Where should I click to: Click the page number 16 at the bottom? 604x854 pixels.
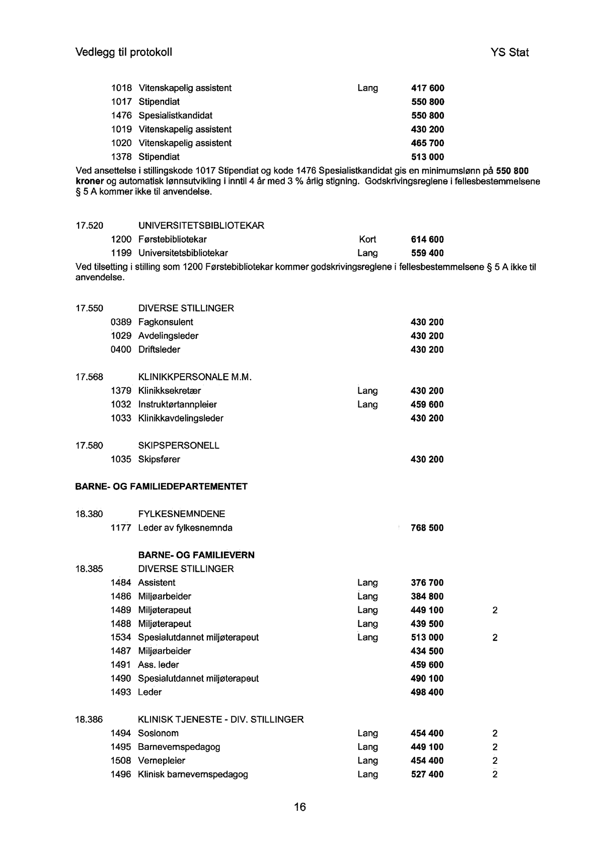pyautogui.click(x=299, y=807)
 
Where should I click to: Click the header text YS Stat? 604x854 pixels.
pyautogui.click(x=509, y=52)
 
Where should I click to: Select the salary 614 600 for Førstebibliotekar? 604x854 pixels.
pyautogui.click(x=427, y=240)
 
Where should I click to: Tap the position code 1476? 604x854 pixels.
pyautogui.click(x=121, y=116)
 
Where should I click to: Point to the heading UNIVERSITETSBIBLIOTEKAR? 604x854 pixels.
pyautogui.click(x=201, y=226)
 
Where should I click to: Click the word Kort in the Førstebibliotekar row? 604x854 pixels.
pyautogui.click(x=367, y=240)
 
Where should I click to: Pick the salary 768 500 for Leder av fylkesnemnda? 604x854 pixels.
pyautogui.click(x=427, y=528)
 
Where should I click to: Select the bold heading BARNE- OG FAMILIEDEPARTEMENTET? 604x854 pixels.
pyautogui.click(x=161, y=486)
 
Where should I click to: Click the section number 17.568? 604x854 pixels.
pyautogui.click(x=89, y=377)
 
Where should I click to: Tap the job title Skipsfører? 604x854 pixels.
pyautogui.click(x=159, y=459)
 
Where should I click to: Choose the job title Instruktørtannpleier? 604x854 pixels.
pyautogui.click(x=178, y=404)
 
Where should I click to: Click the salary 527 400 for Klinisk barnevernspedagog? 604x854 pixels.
pyautogui.click(x=427, y=774)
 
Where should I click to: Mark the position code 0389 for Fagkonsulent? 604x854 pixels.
pyautogui.click(x=121, y=322)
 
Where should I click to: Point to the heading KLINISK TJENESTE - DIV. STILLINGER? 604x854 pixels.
pyautogui.click(x=220, y=720)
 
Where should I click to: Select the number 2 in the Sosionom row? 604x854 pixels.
pyautogui.click(x=495, y=734)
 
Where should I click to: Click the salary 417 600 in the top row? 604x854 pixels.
pyautogui.click(x=427, y=88)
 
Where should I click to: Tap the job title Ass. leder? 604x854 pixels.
pyautogui.click(x=159, y=665)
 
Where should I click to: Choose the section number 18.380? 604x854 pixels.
pyautogui.click(x=89, y=514)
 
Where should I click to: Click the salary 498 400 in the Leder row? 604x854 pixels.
pyautogui.click(x=427, y=692)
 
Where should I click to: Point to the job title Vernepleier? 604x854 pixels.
pyautogui.click(x=162, y=761)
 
